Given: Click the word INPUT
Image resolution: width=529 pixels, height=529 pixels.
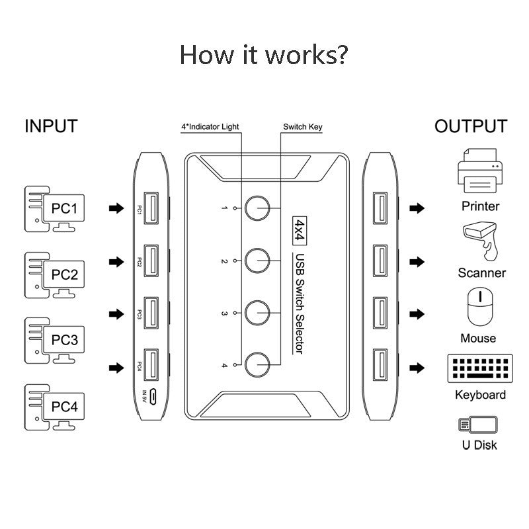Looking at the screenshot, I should pyautogui.click(x=51, y=126).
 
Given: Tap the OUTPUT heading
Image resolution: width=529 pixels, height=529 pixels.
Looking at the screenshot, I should pyautogui.click(x=471, y=126).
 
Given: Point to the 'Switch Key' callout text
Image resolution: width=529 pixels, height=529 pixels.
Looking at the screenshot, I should pyautogui.click(x=302, y=126).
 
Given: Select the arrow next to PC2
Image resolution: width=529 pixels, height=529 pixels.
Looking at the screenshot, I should pyautogui.click(x=116, y=263).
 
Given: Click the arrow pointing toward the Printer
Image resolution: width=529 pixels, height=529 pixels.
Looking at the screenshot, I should pyautogui.click(x=417, y=208).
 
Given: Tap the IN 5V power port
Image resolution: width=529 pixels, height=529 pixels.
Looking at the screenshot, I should pyautogui.click(x=153, y=397).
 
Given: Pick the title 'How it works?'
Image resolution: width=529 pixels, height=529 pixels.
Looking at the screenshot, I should pyautogui.click(x=263, y=55).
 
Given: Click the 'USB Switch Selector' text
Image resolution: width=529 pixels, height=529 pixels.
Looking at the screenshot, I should pyautogui.click(x=299, y=304).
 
